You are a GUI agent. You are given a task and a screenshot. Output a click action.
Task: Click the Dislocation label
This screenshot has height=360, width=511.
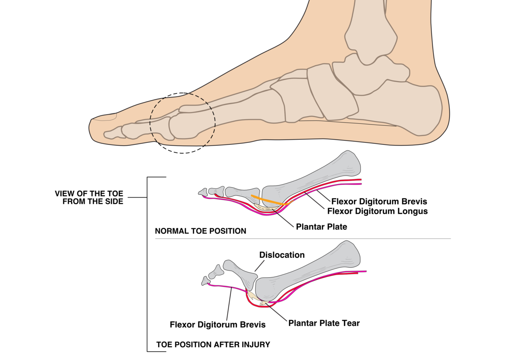point(282,255)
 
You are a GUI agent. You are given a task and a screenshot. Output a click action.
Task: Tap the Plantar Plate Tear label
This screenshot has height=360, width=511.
point(324,323)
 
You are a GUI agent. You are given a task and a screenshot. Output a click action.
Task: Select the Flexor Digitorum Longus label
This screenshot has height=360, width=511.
point(377,211)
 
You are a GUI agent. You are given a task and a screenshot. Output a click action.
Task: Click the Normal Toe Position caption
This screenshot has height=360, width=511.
point(200,231)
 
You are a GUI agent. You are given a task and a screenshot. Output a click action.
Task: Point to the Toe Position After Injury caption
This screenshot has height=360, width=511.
point(213,344)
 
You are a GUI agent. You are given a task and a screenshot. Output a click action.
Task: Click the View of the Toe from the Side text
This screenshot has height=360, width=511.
point(89,198)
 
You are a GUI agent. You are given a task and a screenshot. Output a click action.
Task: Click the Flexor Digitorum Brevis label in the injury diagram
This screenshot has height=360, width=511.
point(218,324)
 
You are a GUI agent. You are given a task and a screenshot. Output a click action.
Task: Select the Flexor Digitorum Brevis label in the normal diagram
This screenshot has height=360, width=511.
point(379,202)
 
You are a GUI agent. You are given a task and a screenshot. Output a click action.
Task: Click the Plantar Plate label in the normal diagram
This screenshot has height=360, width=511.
point(321,227)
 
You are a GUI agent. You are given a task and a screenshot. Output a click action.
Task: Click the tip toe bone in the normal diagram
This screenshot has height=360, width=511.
point(202,192)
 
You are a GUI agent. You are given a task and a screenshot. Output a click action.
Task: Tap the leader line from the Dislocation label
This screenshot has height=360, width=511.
point(259,265)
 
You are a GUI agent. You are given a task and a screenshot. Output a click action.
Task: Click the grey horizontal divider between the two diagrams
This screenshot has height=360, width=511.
point(303,239)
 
